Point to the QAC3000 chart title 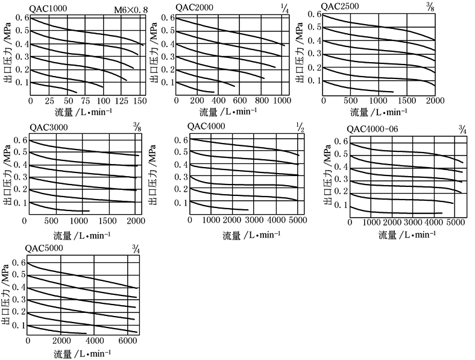(48, 127)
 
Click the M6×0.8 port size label (131, 9)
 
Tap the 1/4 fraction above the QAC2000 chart (284, 7)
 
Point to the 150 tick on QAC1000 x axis (140, 101)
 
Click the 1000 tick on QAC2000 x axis (278, 101)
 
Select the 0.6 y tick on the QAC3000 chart (19, 141)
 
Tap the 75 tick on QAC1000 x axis (85, 101)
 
